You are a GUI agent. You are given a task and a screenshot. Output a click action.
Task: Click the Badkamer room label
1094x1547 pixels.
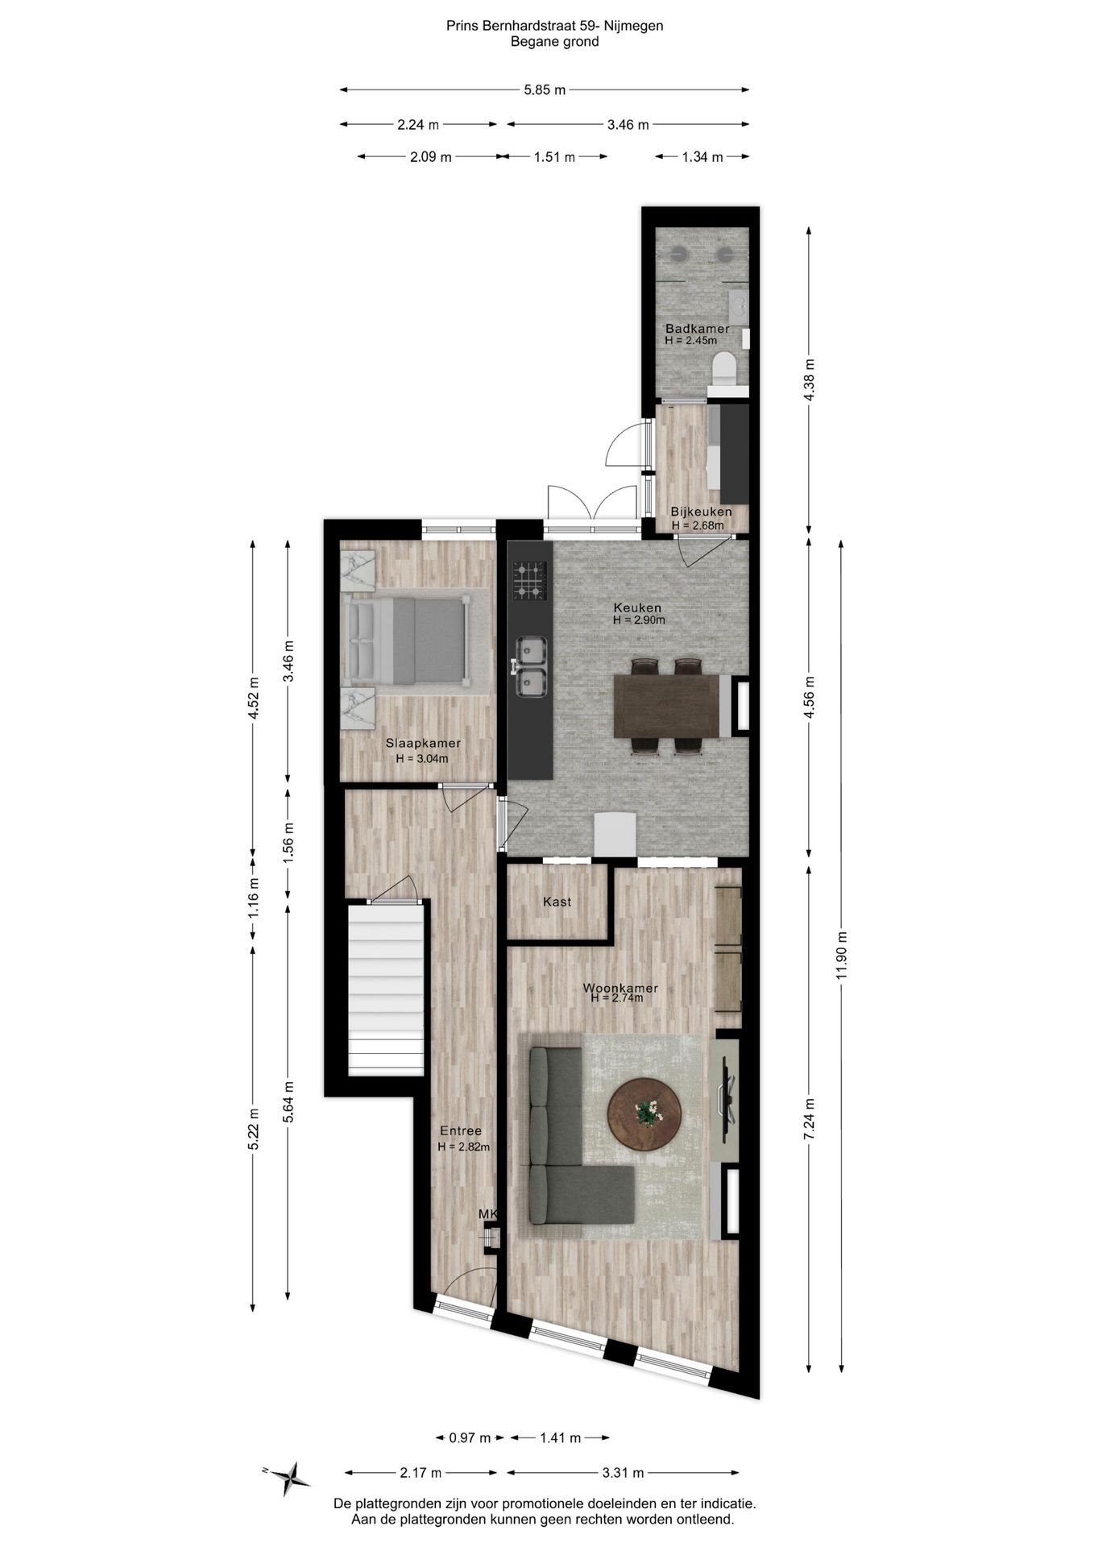point(697,329)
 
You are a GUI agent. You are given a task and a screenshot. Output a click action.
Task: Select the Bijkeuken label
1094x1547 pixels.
point(701,512)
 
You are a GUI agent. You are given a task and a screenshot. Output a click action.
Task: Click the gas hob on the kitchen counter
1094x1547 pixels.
point(530,581)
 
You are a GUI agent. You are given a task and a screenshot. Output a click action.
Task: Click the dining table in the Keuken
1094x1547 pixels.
point(665,706)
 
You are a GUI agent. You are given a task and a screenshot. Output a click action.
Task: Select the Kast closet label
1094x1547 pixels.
point(557,902)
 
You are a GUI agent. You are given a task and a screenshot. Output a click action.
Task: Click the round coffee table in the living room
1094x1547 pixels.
point(644,1114)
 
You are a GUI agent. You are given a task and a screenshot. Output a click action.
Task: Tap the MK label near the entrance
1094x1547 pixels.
point(488,1213)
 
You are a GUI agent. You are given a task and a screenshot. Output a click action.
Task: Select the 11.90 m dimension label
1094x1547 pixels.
point(841,956)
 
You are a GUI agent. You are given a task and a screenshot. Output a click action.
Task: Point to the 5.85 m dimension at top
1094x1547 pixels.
point(544,90)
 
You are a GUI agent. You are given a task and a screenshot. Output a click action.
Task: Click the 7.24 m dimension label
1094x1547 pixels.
point(810,1118)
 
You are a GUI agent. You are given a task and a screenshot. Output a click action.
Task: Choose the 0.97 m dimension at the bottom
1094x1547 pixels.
point(470,1437)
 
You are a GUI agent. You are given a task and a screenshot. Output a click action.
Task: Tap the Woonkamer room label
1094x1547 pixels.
point(620,988)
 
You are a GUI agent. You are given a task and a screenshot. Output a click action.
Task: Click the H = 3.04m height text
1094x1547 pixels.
point(422,758)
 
